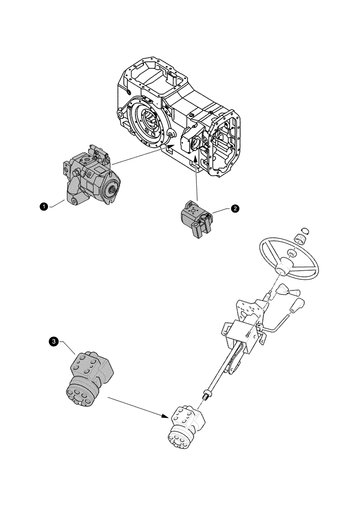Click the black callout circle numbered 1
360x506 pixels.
click(x=44, y=206)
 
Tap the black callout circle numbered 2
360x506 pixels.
click(x=234, y=208)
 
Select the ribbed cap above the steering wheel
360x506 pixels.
click(x=302, y=237)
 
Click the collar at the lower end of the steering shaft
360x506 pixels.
click(x=206, y=394)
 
